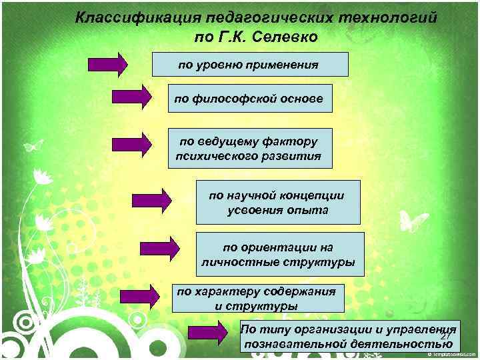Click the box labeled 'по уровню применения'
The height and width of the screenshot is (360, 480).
coord(250,65)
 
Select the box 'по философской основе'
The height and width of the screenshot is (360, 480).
coord(249,99)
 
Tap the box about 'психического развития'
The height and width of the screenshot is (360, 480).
coord(249,149)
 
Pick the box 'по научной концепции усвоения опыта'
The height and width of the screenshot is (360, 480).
coord(277,202)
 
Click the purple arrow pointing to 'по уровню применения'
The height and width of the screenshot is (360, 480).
coord(107,65)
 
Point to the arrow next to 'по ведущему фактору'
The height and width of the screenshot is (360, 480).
coord(132,144)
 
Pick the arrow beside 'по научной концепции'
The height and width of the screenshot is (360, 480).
coord(151,201)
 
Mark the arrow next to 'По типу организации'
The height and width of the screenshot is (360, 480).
coord(209,331)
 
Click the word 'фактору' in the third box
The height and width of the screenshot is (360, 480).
coord(290,141)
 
